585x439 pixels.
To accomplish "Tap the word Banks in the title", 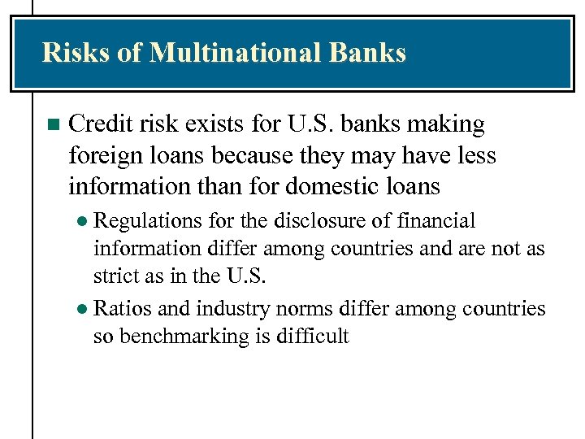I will click(367, 53).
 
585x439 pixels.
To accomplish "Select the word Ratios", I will click(120, 309).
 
